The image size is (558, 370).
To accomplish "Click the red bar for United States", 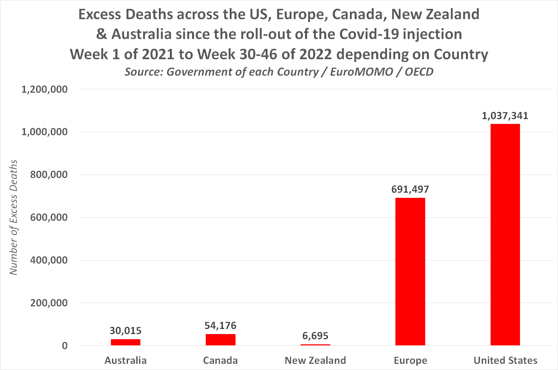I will point(505,234).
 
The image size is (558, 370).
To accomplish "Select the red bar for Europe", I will point(410,271).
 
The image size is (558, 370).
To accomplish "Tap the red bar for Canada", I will point(220,340).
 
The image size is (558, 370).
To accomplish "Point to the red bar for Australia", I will point(126,342).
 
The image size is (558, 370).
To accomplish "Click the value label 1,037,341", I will point(505,116).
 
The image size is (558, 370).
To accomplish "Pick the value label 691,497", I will point(410,189).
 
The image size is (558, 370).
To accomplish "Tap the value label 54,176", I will point(220,326).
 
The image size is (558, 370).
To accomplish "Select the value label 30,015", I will point(126,331).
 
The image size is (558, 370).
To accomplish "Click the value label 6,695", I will point(315,336).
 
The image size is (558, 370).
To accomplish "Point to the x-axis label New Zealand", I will point(315,360).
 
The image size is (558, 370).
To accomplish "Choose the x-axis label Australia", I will point(126,360).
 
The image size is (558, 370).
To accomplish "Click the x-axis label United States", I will point(505,360).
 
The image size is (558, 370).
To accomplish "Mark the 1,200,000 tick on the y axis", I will point(45,89).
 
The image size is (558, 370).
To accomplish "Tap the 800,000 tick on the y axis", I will point(49,175).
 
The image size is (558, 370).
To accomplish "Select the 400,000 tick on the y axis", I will point(49,260).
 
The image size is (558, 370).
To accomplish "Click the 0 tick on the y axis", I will point(65,346).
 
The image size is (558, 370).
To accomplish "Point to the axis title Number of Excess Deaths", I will point(13,217).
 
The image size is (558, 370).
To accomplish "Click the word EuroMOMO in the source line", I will point(362,72).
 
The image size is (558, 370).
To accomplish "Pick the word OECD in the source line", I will point(419,72).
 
